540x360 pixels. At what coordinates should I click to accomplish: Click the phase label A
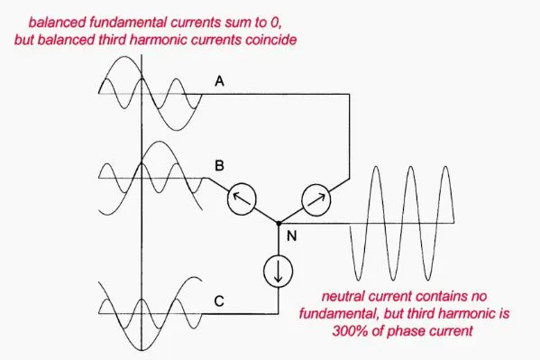219,81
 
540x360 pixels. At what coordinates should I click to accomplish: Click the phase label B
219,165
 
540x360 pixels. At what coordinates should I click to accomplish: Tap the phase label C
219,301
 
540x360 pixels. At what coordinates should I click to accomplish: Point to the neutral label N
292,235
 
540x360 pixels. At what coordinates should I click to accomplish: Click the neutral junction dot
279,224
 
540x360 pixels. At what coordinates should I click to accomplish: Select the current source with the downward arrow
279,272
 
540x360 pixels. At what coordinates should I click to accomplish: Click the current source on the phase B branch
242,199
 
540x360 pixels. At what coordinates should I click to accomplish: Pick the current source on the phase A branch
316,200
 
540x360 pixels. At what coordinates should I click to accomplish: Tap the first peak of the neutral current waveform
376,167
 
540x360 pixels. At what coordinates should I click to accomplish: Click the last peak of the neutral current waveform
446,167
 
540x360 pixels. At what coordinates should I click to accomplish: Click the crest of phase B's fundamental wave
159,142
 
